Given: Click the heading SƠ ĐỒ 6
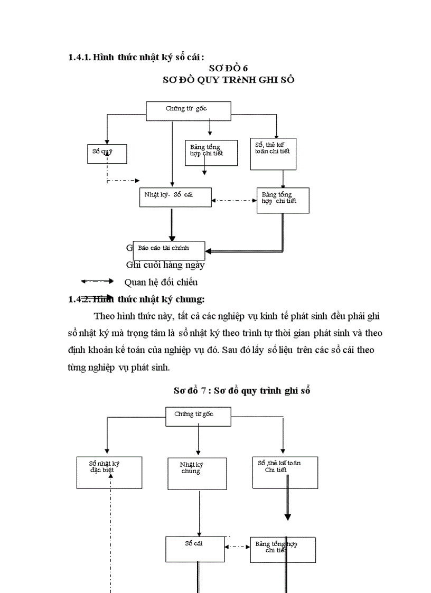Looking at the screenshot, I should pyautogui.click(x=228, y=68).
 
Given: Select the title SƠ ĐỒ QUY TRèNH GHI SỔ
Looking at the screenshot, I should pyautogui.click(x=228, y=80).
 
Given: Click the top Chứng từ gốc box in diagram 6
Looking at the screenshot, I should pyautogui.click(x=189, y=109).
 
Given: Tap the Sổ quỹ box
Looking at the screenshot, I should pyautogui.click(x=107, y=154).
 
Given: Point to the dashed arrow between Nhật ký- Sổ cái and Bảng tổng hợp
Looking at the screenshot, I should pyautogui.click(x=234, y=201).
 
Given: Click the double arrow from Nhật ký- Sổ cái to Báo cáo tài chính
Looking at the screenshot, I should pyautogui.click(x=172, y=224).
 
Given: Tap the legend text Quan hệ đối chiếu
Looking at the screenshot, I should pyautogui.click(x=161, y=281).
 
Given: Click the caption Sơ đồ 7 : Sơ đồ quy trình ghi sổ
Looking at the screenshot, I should pyautogui.click(x=241, y=391).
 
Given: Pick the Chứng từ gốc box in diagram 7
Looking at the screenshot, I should pyautogui.click(x=198, y=416).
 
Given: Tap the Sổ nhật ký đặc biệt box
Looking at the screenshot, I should pyautogui.click(x=109, y=472).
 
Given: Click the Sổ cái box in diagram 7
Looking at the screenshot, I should pyautogui.click(x=196, y=549).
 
